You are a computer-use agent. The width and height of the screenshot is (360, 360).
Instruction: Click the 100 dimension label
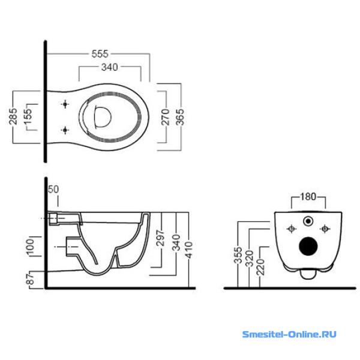pyautogui.click(x=37, y=247)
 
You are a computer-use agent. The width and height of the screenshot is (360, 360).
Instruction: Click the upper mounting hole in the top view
pyautogui.click(x=65, y=106)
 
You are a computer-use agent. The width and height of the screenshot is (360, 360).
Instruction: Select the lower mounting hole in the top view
pyautogui.click(x=65, y=130)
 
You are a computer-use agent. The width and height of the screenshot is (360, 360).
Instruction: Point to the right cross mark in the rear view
pyautogui.click(x=325, y=229)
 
